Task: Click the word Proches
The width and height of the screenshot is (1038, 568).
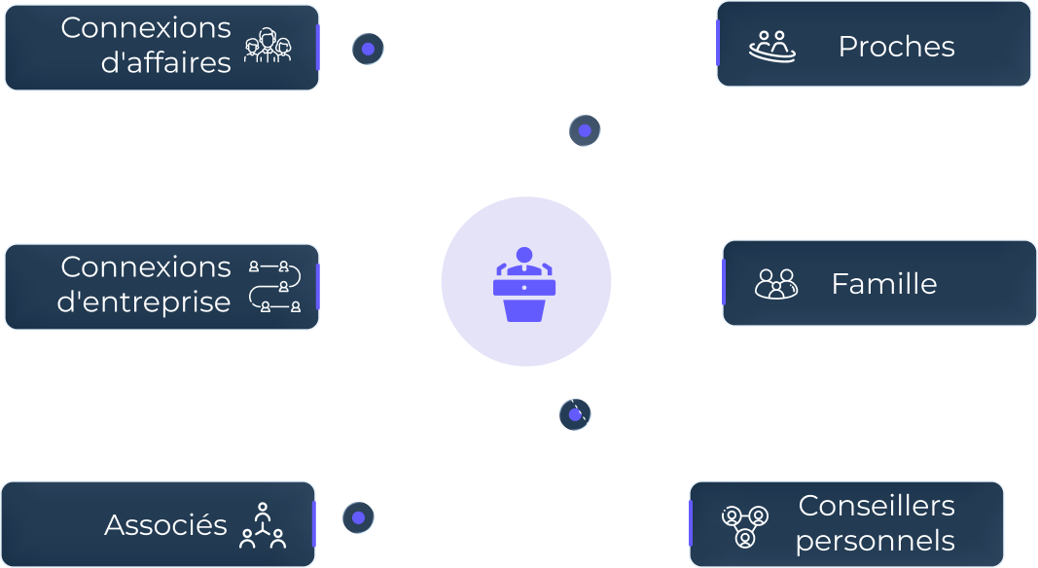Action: pos(896,47)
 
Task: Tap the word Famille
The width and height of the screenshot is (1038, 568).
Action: pos(883,283)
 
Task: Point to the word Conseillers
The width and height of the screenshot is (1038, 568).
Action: pos(876,505)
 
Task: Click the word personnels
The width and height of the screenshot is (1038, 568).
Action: pos(876,541)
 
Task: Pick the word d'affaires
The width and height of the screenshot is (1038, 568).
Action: pos(165,63)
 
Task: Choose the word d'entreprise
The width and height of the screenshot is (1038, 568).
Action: pos(144,302)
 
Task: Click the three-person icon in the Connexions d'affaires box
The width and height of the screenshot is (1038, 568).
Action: pos(268,45)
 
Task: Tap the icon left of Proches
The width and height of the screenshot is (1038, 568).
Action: pos(771,47)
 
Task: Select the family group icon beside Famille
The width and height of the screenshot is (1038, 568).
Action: pos(776,283)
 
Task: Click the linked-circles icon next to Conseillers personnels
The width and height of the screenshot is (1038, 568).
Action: pos(745,525)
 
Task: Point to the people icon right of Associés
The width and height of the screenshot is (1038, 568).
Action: pos(263,525)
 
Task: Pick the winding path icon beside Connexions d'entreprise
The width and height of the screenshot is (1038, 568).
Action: pos(274,286)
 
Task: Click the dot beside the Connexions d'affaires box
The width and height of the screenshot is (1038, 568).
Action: pos(368,49)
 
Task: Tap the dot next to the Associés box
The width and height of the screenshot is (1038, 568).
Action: pos(358,517)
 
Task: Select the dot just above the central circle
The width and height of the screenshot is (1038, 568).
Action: pos(585,130)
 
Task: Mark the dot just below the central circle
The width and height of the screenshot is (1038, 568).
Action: pos(575,414)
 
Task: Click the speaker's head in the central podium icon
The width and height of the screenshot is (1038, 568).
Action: pos(524,255)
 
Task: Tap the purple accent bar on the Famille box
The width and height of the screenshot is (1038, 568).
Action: pos(724,282)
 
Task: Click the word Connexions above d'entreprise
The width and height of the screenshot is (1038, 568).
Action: pos(146,266)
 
